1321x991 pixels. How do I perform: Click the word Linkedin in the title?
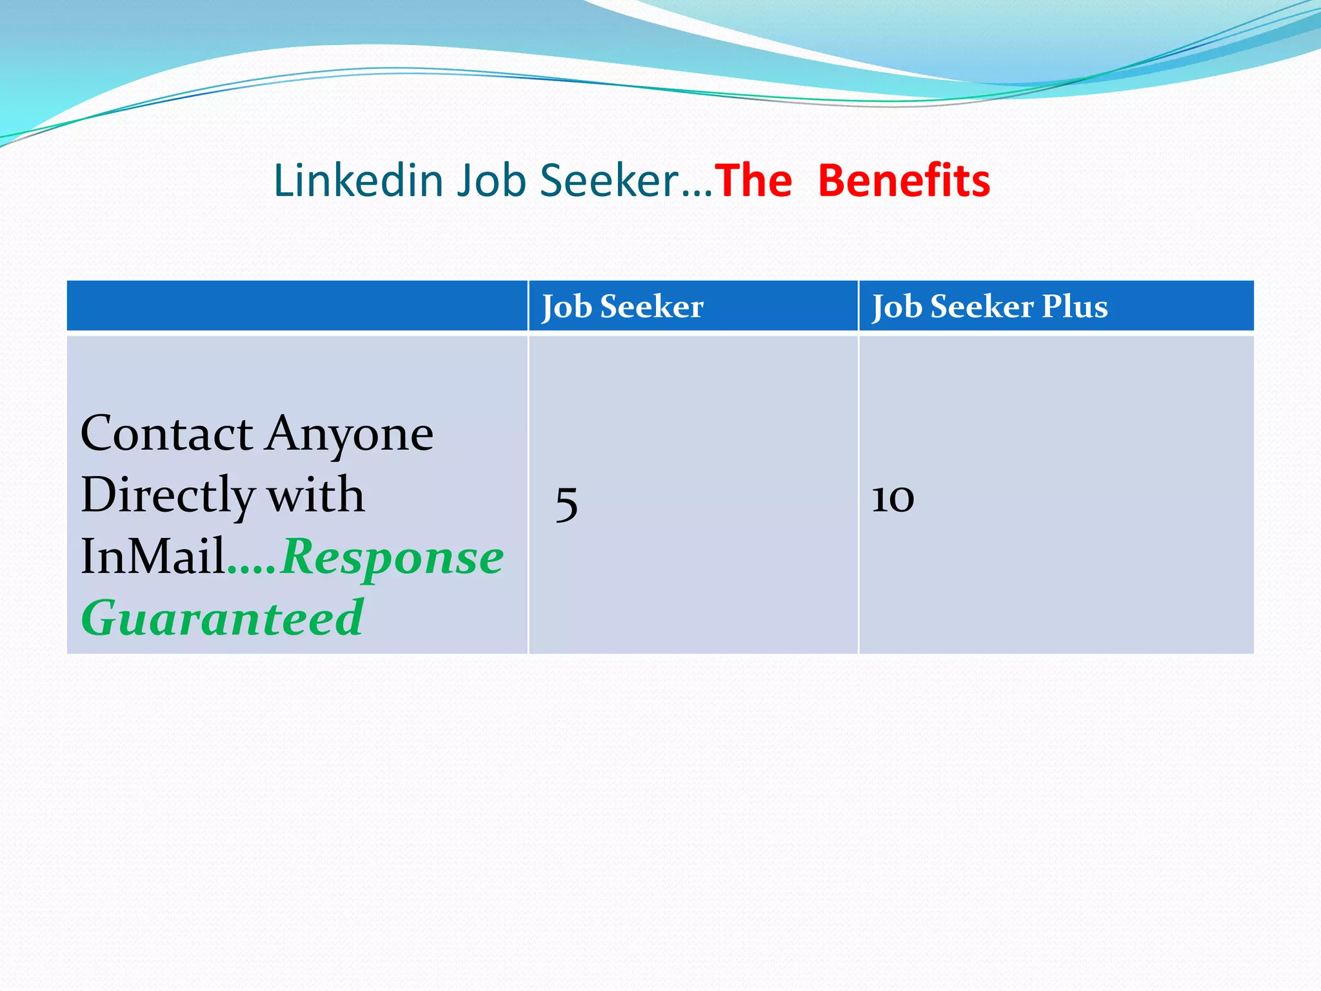coord(358,181)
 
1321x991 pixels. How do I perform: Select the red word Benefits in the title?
coord(904,181)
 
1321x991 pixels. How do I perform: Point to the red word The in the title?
coord(753,181)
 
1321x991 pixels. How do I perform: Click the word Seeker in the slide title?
coord(609,181)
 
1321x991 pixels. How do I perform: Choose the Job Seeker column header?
coord(622,306)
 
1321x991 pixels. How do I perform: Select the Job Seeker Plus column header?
coord(989,306)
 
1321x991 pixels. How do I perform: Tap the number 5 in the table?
coord(566,504)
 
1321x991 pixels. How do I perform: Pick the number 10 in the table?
coord(893,499)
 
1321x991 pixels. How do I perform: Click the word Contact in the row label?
coord(166,434)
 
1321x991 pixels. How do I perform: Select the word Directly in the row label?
coord(168,495)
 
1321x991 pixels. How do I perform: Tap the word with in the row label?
coord(316,495)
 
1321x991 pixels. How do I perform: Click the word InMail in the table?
coord(153,556)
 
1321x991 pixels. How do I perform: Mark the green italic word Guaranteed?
coord(223,618)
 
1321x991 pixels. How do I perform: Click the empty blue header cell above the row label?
coord(297,306)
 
